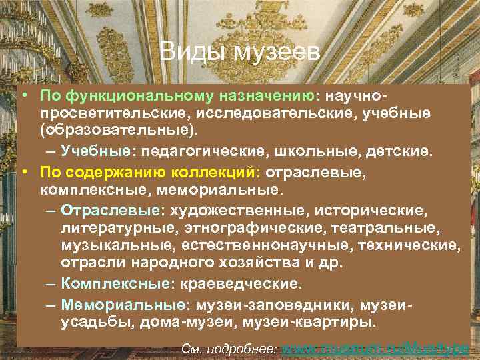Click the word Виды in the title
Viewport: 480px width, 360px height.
tap(187, 51)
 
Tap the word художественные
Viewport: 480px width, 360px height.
tap(239, 211)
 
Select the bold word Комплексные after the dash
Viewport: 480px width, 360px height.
tap(114, 284)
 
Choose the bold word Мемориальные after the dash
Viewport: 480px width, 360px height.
tap(123, 305)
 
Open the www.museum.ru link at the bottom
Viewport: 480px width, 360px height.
tap(376, 348)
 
